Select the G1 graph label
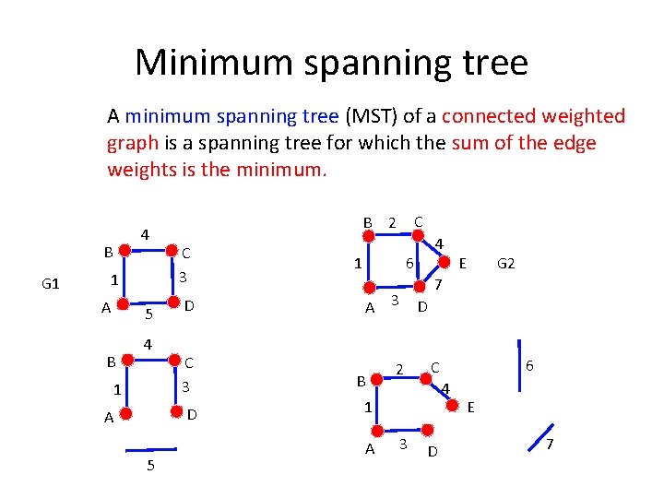tap(51, 283)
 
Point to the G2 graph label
tap(505, 264)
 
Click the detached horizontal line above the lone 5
tap(150, 449)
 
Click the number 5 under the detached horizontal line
tap(150, 466)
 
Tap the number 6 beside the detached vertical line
tap(529, 365)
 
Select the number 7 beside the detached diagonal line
tap(550, 446)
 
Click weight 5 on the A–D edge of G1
tap(148, 314)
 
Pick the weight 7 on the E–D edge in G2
tap(439, 286)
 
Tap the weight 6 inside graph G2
tap(409, 264)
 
